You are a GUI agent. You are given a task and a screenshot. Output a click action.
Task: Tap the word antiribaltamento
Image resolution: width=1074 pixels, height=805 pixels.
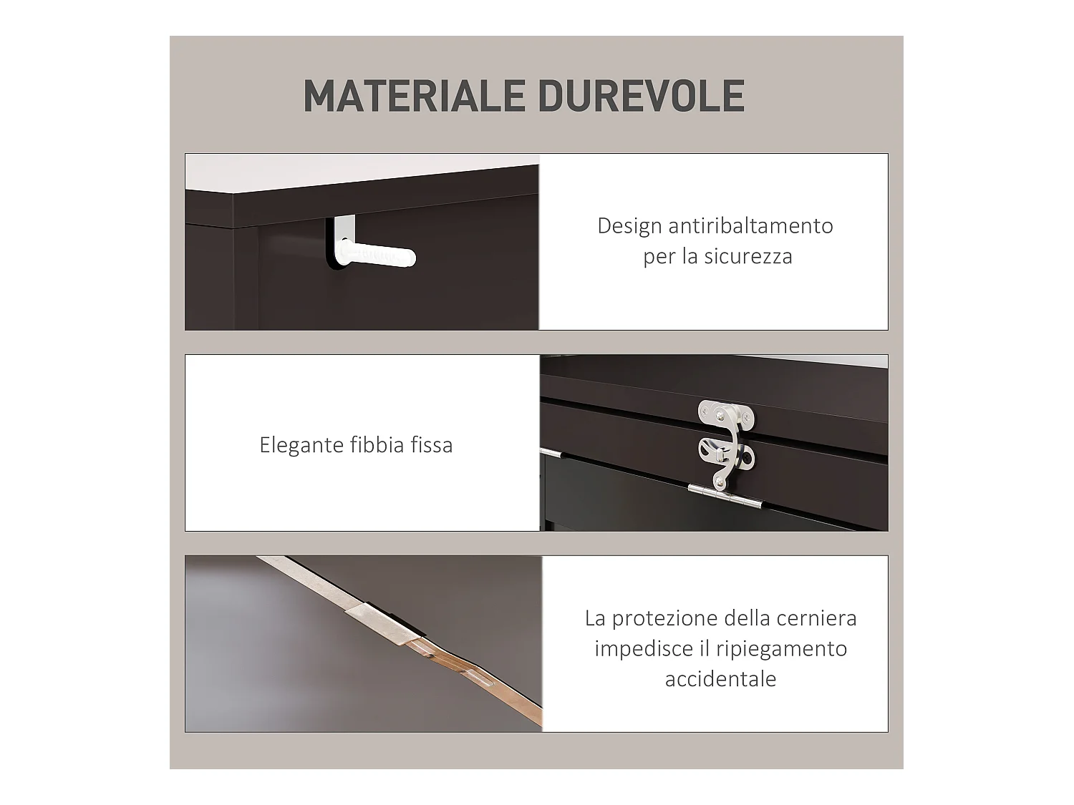[750, 226]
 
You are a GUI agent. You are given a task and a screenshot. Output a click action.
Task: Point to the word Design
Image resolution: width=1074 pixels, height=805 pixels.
[629, 226]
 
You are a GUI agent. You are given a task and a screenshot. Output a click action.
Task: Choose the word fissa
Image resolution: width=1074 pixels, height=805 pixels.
[431, 445]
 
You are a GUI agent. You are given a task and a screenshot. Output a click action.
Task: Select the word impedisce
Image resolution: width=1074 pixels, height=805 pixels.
[639, 649]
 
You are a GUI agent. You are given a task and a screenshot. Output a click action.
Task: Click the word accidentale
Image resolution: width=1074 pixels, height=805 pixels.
[720, 679]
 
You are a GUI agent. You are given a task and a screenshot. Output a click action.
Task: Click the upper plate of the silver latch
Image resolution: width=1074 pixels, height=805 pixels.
[725, 413]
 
